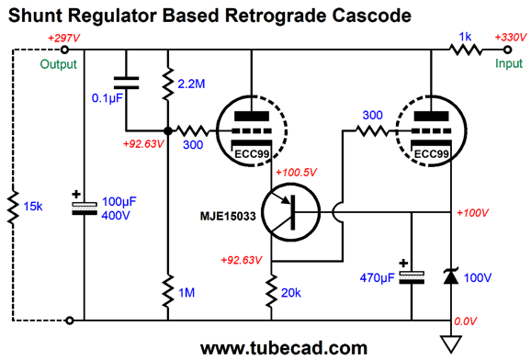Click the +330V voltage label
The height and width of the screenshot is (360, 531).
511,39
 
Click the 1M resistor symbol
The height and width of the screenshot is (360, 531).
168,292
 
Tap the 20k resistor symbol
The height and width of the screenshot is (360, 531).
272,292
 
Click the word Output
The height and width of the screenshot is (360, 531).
61,64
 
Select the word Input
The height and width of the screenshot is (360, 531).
509,64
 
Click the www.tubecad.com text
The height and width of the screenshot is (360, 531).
265,347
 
